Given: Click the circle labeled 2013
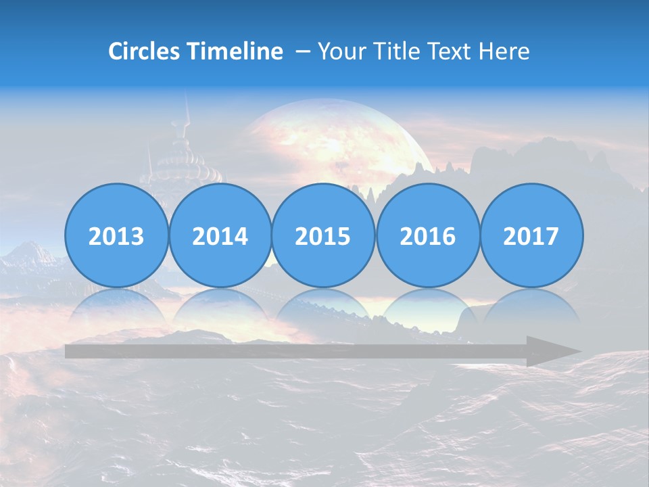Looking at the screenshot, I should (116, 235).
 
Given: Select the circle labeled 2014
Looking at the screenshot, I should (220, 235).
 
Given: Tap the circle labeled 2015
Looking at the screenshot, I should (323, 235).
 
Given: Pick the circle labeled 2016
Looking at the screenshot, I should (427, 235).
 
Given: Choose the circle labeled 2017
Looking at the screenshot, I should (531, 235).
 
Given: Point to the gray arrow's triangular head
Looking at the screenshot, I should (551, 351).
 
